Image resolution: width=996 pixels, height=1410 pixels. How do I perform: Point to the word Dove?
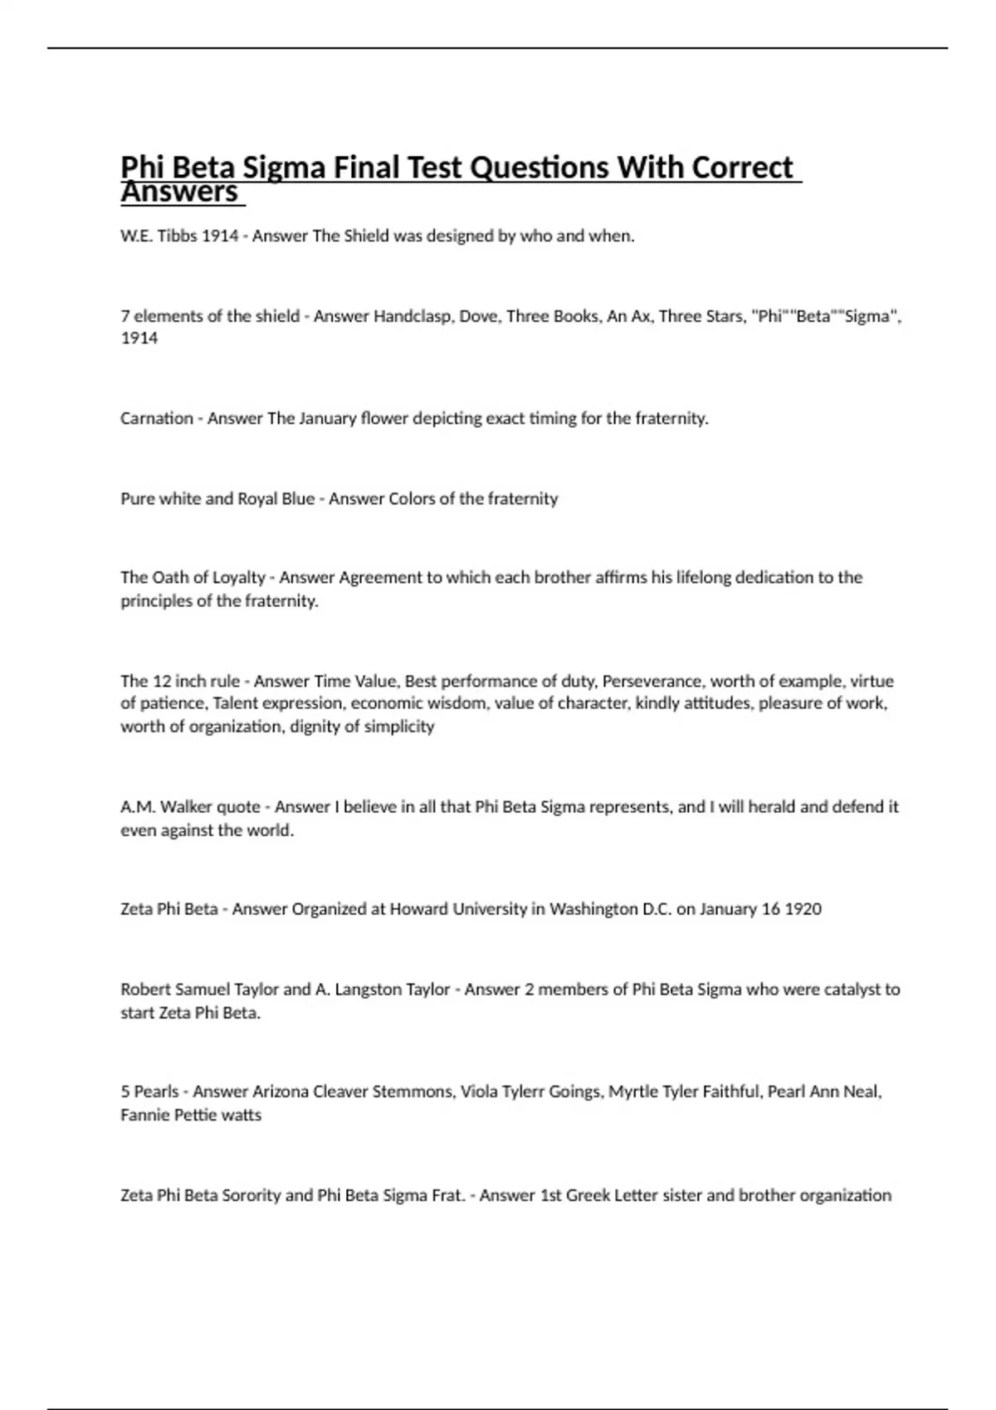(478, 316)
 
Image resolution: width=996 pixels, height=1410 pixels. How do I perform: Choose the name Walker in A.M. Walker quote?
(186, 806)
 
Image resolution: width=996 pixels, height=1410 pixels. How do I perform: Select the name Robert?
(145, 989)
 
